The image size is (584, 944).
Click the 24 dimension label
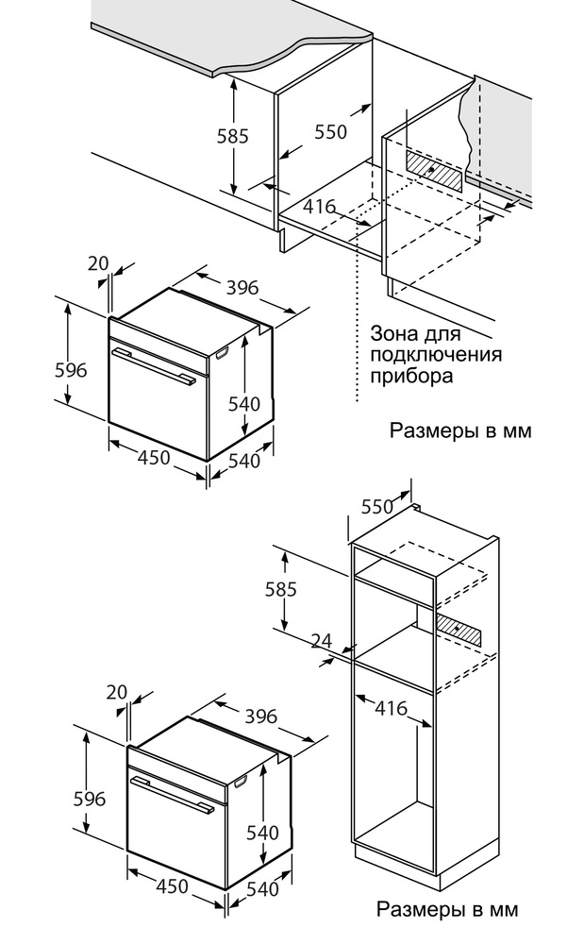point(322,642)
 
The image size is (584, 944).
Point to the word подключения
point(436,355)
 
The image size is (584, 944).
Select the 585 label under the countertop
point(232,136)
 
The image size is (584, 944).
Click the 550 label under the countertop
point(330,132)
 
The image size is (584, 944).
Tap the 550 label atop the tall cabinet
point(376,507)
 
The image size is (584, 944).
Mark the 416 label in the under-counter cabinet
point(320,207)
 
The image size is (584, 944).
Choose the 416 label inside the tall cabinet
point(391,707)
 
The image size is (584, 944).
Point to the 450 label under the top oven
point(154,459)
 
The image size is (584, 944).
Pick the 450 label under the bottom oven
point(172,887)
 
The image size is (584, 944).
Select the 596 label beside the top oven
point(72,370)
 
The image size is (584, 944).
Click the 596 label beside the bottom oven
point(90,799)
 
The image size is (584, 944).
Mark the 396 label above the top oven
point(242,287)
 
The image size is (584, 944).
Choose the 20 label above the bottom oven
point(117,693)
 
